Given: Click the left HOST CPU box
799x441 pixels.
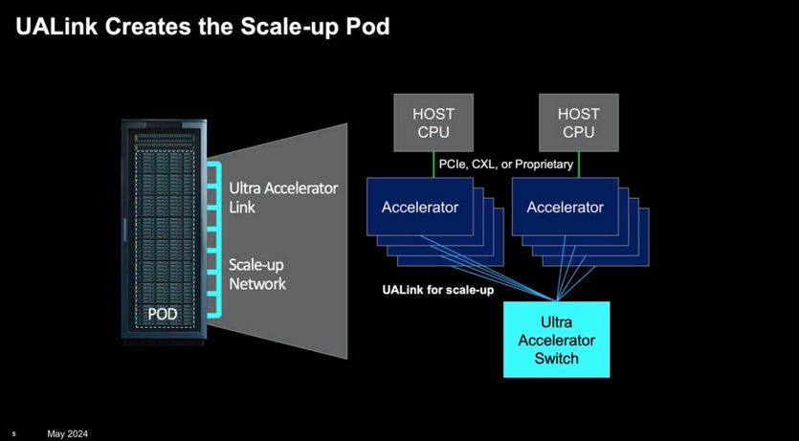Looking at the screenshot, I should [433, 122].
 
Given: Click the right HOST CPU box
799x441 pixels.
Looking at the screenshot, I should [578, 122].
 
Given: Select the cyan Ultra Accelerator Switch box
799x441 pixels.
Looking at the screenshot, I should [556, 340].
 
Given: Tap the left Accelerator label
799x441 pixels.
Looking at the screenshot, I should [420, 207].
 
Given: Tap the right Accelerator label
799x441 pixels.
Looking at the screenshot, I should [565, 207].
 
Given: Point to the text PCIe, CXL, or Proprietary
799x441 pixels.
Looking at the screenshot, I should [505, 165].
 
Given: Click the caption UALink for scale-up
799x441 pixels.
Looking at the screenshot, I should [438, 289].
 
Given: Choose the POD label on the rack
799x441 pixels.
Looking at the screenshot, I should [163, 313].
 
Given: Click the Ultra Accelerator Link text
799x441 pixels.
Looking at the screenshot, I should [283, 197].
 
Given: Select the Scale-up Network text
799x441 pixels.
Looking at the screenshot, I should [257, 274].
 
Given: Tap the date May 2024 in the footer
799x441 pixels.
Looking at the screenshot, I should [67, 434].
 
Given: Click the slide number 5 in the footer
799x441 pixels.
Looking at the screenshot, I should [14, 434].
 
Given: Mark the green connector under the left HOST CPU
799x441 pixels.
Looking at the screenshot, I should [433, 164].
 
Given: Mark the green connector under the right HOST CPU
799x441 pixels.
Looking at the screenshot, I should [578, 164].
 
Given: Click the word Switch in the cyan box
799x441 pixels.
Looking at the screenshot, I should [556, 359].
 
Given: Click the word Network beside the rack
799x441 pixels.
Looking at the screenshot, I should [257, 284].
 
